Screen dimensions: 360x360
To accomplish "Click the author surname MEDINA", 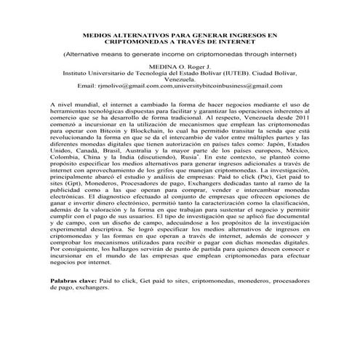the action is [x=162, y=66].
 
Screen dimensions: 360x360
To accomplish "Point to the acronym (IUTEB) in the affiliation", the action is [x=223, y=73].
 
